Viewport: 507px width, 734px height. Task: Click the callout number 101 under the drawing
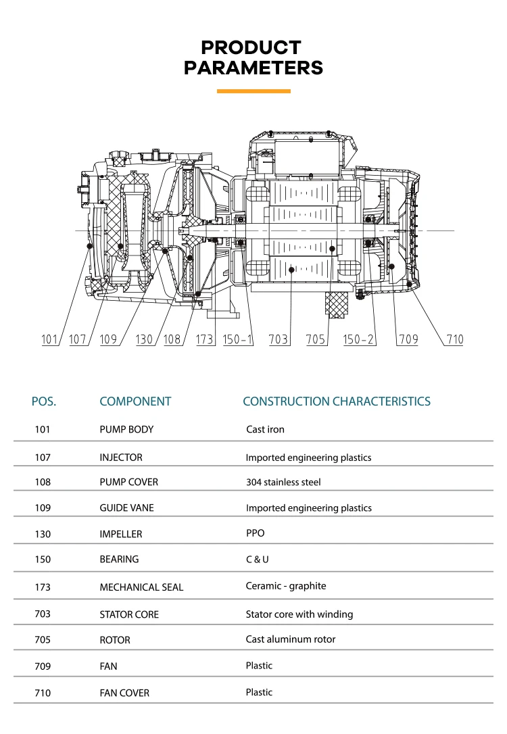tap(49, 339)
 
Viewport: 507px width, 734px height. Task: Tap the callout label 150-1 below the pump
tap(237, 339)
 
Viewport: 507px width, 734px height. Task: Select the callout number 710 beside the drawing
tap(454, 339)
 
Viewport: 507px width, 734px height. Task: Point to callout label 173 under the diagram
tap(205, 339)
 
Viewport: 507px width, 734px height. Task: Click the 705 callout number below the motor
tap(316, 339)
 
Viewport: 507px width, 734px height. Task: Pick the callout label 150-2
tap(358, 339)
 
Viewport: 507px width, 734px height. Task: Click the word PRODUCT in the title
tap(251, 47)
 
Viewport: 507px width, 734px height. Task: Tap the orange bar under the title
tap(254, 91)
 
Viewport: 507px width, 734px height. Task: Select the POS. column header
tap(43, 401)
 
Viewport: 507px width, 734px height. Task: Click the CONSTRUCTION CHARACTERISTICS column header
tap(337, 401)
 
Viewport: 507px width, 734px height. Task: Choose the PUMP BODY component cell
tap(126, 429)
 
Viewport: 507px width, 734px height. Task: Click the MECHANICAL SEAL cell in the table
tap(141, 587)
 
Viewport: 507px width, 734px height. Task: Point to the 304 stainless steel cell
tap(283, 482)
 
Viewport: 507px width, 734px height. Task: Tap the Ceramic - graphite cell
tap(286, 586)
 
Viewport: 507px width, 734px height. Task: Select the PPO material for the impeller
tap(255, 533)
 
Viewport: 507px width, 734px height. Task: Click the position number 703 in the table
tap(43, 614)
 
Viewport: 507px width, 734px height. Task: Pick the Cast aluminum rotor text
tap(291, 639)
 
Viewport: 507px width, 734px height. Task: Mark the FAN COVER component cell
tap(124, 693)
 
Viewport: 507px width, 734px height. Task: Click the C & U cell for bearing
tap(258, 560)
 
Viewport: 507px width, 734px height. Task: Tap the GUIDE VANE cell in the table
tap(127, 508)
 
